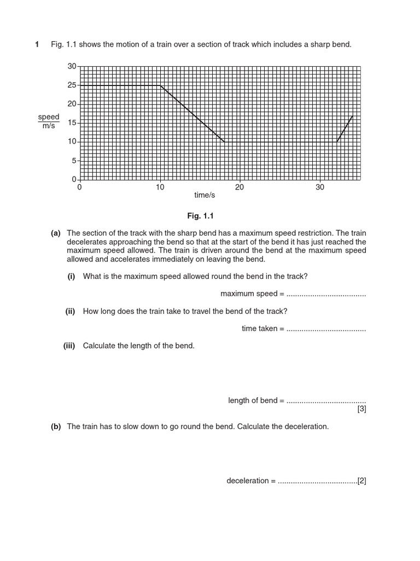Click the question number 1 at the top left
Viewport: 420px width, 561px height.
(x=37, y=44)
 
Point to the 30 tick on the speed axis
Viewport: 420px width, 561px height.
(x=72, y=66)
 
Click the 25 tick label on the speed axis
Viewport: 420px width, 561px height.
(x=72, y=85)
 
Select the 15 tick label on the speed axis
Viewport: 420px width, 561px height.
(x=72, y=123)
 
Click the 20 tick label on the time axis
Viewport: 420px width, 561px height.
(x=240, y=187)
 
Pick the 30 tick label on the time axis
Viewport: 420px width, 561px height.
(x=320, y=187)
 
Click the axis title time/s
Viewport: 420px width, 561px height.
(x=205, y=195)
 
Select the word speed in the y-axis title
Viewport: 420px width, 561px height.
(x=49, y=117)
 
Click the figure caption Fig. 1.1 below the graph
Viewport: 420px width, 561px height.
(x=200, y=216)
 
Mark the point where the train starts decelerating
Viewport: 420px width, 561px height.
(x=160, y=85)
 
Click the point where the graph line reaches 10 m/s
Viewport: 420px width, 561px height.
(x=224, y=142)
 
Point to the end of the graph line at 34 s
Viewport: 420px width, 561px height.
(x=353, y=116)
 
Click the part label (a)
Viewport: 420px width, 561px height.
(x=55, y=233)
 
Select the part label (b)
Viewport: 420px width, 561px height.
(x=55, y=426)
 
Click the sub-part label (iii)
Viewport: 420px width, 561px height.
(x=69, y=346)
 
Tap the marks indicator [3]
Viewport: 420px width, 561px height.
(x=361, y=409)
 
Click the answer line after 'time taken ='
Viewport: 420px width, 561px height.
(x=326, y=329)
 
